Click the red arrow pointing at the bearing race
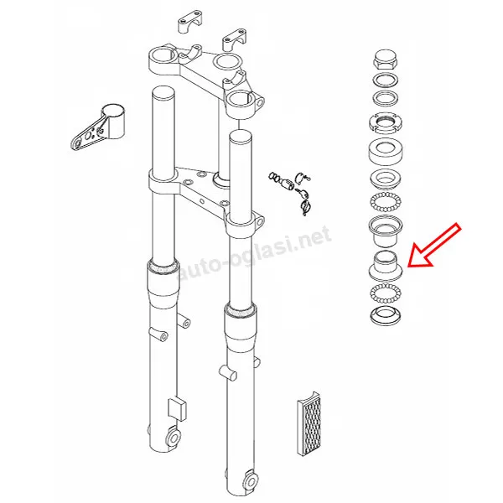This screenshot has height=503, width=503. click(433, 246)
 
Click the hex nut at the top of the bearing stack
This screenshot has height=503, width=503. click(386, 60)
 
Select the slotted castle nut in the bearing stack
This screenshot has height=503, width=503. click(386, 122)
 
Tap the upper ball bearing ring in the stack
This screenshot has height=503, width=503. click(386, 202)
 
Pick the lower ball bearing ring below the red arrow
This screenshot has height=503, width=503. click(386, 293)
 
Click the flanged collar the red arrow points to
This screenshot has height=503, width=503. click(386, 265)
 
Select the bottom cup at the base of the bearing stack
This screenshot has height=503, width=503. click(386, 315)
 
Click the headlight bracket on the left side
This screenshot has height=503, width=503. click(96, 127)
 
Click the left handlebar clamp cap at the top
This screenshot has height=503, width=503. click(190, 21)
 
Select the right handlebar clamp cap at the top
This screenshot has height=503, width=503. click(235, 39)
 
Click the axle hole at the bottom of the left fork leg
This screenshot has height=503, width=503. click(173, 438)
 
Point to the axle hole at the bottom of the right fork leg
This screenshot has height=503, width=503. click(251, 480)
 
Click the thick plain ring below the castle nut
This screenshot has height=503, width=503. click(386, 151)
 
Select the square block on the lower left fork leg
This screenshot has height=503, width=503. click(177, 409)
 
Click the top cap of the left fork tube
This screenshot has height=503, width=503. click(163, 92)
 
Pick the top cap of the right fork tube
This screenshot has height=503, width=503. click(241, 137)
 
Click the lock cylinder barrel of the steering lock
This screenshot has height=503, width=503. click(286, 184)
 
